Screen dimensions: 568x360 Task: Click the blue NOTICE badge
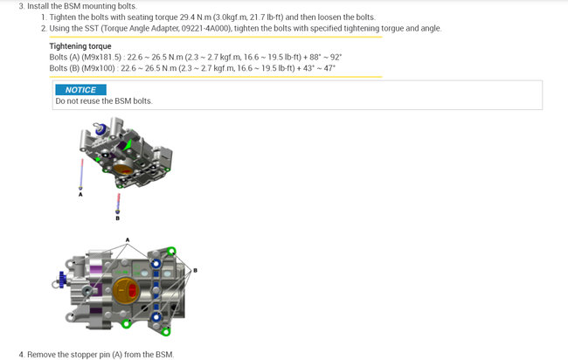(80, 90)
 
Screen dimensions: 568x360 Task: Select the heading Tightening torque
(80, 46)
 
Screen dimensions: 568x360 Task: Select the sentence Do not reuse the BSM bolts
(104, 101)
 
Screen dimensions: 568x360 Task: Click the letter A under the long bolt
(80, 195)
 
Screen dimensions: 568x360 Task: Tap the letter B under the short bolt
(117, 218)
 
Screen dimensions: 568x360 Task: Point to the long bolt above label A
(81, 174)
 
